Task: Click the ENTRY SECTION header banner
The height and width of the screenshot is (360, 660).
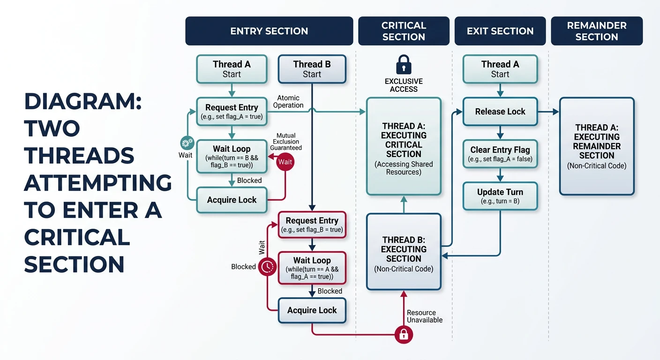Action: tap(269, 31)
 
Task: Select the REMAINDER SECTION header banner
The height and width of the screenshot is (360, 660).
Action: tap(596, 31)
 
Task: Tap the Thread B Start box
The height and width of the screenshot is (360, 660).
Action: tap(312, 69)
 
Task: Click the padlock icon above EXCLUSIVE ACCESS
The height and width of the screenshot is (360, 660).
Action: tap(403, 65)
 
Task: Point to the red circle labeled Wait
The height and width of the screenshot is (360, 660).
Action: tap(285, 162)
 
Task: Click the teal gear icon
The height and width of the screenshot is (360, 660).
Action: tap(186, 143)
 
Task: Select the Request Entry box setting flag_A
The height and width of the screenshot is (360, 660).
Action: tap(232, 112)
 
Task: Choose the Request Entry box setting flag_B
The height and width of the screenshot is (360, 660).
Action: tap(312, 225)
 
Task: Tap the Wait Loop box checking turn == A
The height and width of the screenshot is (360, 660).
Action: tap(312, 268)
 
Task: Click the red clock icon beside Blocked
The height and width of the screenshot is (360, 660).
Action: tap(267, 266)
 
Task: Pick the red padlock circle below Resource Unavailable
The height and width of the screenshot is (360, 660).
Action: tap(403, 334)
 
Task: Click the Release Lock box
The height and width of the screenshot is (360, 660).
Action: tap(500, 112)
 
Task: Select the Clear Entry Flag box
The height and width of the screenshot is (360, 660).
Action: tap(500, 154)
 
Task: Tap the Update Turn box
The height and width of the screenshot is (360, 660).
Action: tap(500, 196)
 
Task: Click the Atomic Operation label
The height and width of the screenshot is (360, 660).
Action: tap(288, 102)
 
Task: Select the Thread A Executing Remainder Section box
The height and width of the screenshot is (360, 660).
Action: tap(597, 146)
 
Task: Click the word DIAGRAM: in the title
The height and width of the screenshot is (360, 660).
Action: tap(83, 102)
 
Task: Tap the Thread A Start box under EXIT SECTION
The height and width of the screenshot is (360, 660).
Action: tap(500, 69)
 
